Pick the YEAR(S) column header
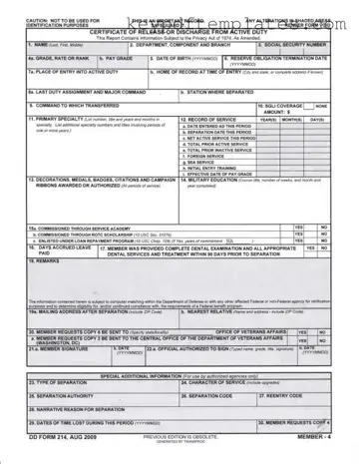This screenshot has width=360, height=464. [268, 118]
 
